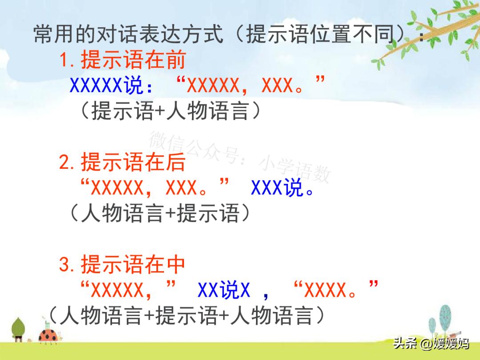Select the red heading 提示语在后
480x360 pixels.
pos(132,163)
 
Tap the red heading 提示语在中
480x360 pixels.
pos(132,265)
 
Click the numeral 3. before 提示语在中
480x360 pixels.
pos(68,265)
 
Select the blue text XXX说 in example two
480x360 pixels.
pos(278,189)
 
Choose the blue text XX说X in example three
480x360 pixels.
pos(224,291)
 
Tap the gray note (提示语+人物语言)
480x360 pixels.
pos(169,111)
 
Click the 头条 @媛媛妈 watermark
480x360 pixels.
pos(431,344)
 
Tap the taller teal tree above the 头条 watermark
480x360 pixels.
pos(445,318)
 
